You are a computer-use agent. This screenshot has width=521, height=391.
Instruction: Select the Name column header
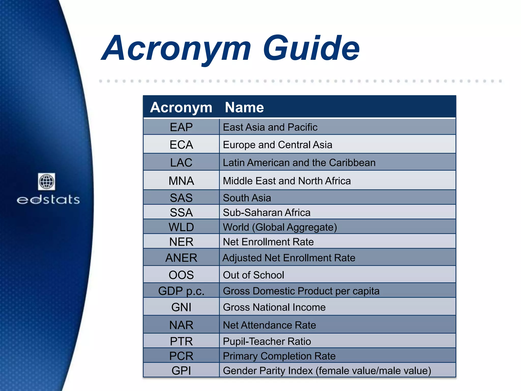click(244, 107)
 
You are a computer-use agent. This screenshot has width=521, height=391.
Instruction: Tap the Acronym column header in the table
click(181, 107)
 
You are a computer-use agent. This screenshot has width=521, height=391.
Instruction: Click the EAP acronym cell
click(181, 127)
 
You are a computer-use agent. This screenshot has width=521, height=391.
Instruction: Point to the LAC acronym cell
click(181, 162)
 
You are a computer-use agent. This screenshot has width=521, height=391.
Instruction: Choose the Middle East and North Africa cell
click(287, 181)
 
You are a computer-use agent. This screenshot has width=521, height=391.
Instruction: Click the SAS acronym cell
click(181, 198)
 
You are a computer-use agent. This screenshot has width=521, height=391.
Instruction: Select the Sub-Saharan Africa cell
click(267, 212)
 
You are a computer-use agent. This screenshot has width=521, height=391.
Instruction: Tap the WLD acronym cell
click(181, 227)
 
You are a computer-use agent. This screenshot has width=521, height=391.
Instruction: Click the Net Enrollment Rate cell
click(268, 242)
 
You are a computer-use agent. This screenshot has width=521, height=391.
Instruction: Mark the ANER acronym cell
click(181, 258)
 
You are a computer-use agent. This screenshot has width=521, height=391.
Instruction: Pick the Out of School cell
click(253, 275)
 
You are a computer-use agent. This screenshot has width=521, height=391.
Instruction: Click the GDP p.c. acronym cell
click(181, 291)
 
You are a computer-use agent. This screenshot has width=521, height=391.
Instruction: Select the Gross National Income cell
click(274, 307)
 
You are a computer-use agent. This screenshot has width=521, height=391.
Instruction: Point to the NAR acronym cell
click(181, 325)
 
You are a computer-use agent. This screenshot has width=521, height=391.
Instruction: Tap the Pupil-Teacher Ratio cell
click(267, 341)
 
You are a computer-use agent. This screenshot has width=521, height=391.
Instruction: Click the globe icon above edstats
click(47, 181)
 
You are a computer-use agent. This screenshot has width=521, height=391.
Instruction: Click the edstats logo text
click(48, 200)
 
